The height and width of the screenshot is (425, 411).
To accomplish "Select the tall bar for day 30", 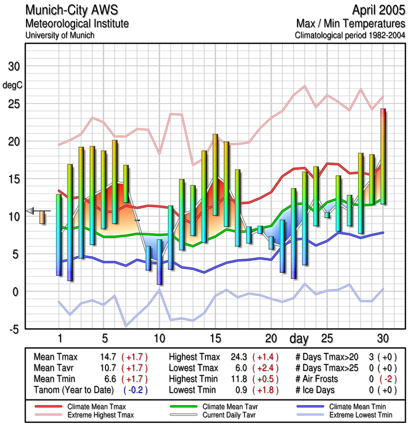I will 383,156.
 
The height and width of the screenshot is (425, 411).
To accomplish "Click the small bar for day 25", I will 327,215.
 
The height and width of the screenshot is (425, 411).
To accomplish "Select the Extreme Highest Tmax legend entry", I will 101,414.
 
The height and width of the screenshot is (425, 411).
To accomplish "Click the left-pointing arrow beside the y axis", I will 30,211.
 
